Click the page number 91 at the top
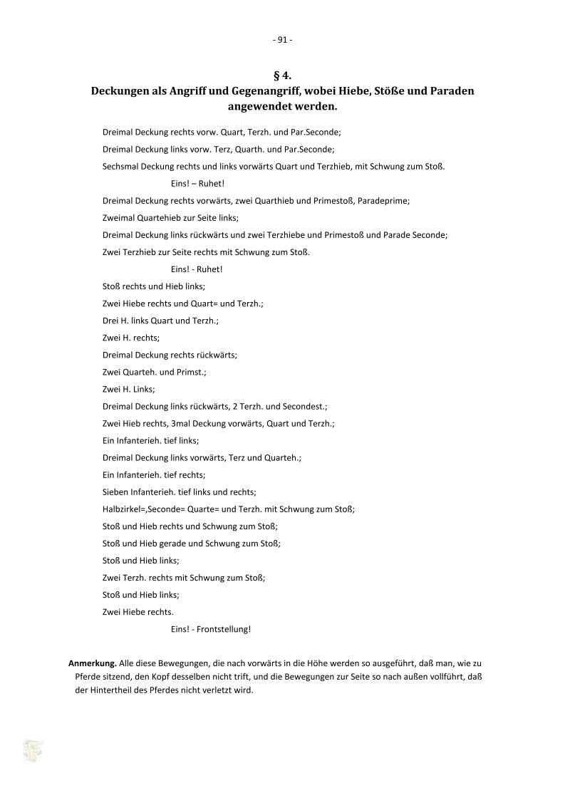pyautogui.click(x=282, y=40)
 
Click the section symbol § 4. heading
pyautogui.click(x=282, y=76)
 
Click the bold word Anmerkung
pyautogui.click(x=92, y=663)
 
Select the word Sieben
pyautogui.click(x=115, y=492)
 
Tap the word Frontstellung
pyautogui.click(x=224, y=629)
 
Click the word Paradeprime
pyautogui.click(x=386, y=201)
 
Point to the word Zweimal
pyautogui.click(x=119, y=218)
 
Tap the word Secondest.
pyautogui.click(x=306, y=406)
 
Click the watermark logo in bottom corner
pyautogui.click(x=32, y=751)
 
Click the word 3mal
pyautogui.click(x=182, y=423)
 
